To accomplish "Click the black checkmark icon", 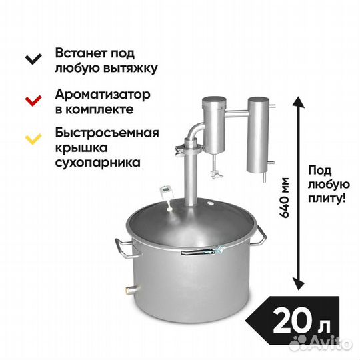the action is pos(33,59).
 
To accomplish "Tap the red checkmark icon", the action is pos(33,101).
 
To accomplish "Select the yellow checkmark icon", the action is pos(33,139).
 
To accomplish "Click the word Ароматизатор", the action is pos(103,95).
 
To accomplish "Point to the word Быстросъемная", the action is pos(107,133).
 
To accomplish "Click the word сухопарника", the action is pos(98,162).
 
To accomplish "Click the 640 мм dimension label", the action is pos(284,198).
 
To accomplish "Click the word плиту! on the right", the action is pos(327,198).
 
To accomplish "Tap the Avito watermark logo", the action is pos(320,343).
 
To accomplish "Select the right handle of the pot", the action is pos(259,237).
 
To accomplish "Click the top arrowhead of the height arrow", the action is pos(299,103).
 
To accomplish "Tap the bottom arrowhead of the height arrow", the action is pos(299,284).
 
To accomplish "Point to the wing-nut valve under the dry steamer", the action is pos(216,173).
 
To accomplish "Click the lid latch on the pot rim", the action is pos(203,251).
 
